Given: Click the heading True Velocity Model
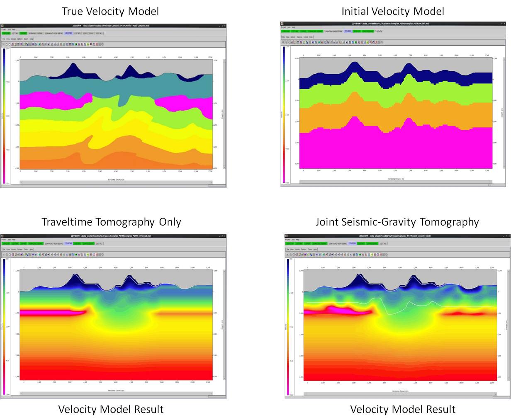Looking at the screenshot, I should (x=110, y=11).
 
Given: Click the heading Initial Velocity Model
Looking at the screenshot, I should (x=392, y=11).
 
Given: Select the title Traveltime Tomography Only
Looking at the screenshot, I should (x=111, y=222).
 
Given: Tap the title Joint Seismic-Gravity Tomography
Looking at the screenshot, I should (x=397, y=222).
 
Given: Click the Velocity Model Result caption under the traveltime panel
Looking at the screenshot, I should (x=111, y=409).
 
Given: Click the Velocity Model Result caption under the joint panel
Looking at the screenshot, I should (x=403, y=409).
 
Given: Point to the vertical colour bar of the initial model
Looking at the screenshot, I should (x=284, y=114).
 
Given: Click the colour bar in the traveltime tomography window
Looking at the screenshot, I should (x=5, y=325).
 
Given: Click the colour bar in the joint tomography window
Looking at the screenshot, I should (x=287, y=325).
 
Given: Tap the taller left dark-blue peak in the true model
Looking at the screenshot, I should (x=73, y=70).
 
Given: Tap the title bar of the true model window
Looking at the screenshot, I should (x=113, y=26).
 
